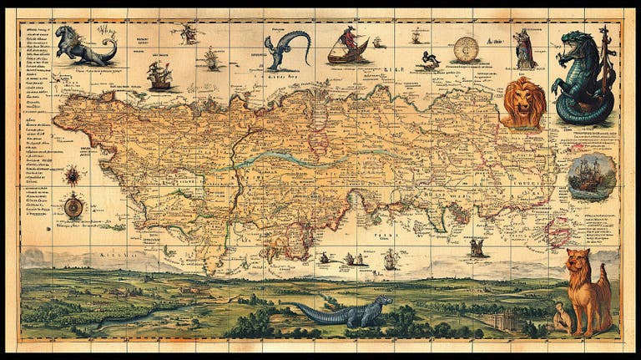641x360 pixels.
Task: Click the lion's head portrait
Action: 524,102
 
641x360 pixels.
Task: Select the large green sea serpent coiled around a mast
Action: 584,77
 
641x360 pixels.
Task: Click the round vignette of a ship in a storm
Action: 591,175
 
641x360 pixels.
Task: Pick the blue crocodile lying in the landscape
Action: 347,312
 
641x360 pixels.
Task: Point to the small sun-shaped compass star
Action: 73,175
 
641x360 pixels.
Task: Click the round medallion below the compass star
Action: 73,205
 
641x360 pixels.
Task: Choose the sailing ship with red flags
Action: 159,75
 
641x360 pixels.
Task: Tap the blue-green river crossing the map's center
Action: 275,160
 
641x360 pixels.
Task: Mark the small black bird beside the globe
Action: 430,58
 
